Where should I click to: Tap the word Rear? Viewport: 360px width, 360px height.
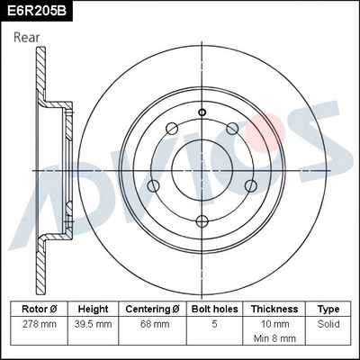pos(27,37)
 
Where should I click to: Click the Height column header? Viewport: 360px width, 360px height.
pos(94,309)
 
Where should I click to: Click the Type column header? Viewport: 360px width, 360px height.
pos(328,309)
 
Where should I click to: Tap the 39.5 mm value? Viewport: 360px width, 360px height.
pos(94,323)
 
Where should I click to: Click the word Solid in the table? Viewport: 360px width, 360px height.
pos(328,323)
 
